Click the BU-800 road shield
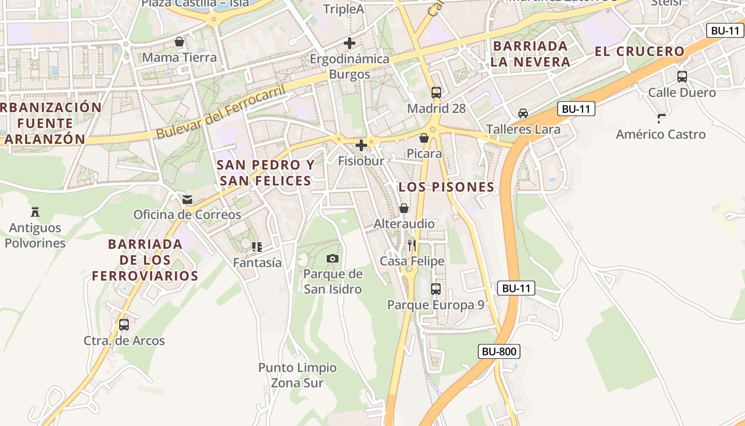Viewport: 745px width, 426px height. point(499,351)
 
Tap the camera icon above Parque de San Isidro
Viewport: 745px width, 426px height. point(333,258)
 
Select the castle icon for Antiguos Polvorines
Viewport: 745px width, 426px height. point(35,211)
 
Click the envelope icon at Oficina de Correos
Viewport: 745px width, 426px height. point(187,200)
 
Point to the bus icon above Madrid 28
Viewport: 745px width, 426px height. point(436,92)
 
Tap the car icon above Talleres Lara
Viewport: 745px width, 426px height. point(523,113)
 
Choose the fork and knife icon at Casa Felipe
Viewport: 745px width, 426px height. point(412,245)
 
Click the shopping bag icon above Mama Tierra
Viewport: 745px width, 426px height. point(179,42)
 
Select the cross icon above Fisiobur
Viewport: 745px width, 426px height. point(361,145)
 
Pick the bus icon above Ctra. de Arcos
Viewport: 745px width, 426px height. point(124,324)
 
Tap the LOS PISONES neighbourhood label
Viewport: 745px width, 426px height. point(446,187)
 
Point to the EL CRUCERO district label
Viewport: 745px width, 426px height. point(640,52)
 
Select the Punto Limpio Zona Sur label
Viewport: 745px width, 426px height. point(297,375)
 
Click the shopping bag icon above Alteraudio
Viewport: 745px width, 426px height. point(404,208)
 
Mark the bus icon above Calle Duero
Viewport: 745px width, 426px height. point(682,77)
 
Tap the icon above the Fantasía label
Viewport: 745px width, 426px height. point(257,247)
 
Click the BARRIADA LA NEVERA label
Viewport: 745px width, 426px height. point(531,54)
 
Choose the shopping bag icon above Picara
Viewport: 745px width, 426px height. point(424,138)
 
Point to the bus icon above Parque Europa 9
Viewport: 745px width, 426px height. point(436,289)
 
